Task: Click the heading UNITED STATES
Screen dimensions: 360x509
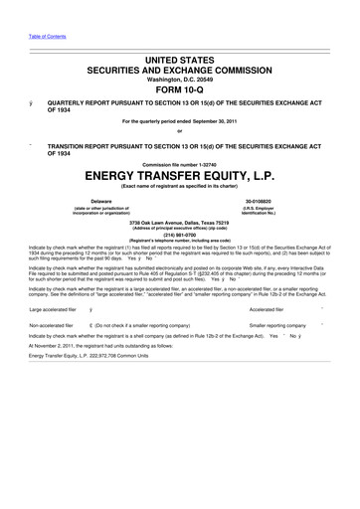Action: click(x=180, y=62)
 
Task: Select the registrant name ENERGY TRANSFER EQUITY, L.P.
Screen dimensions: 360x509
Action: click(x=180, y=177)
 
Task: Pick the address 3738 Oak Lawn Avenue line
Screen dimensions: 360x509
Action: click(x=180, y=222)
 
